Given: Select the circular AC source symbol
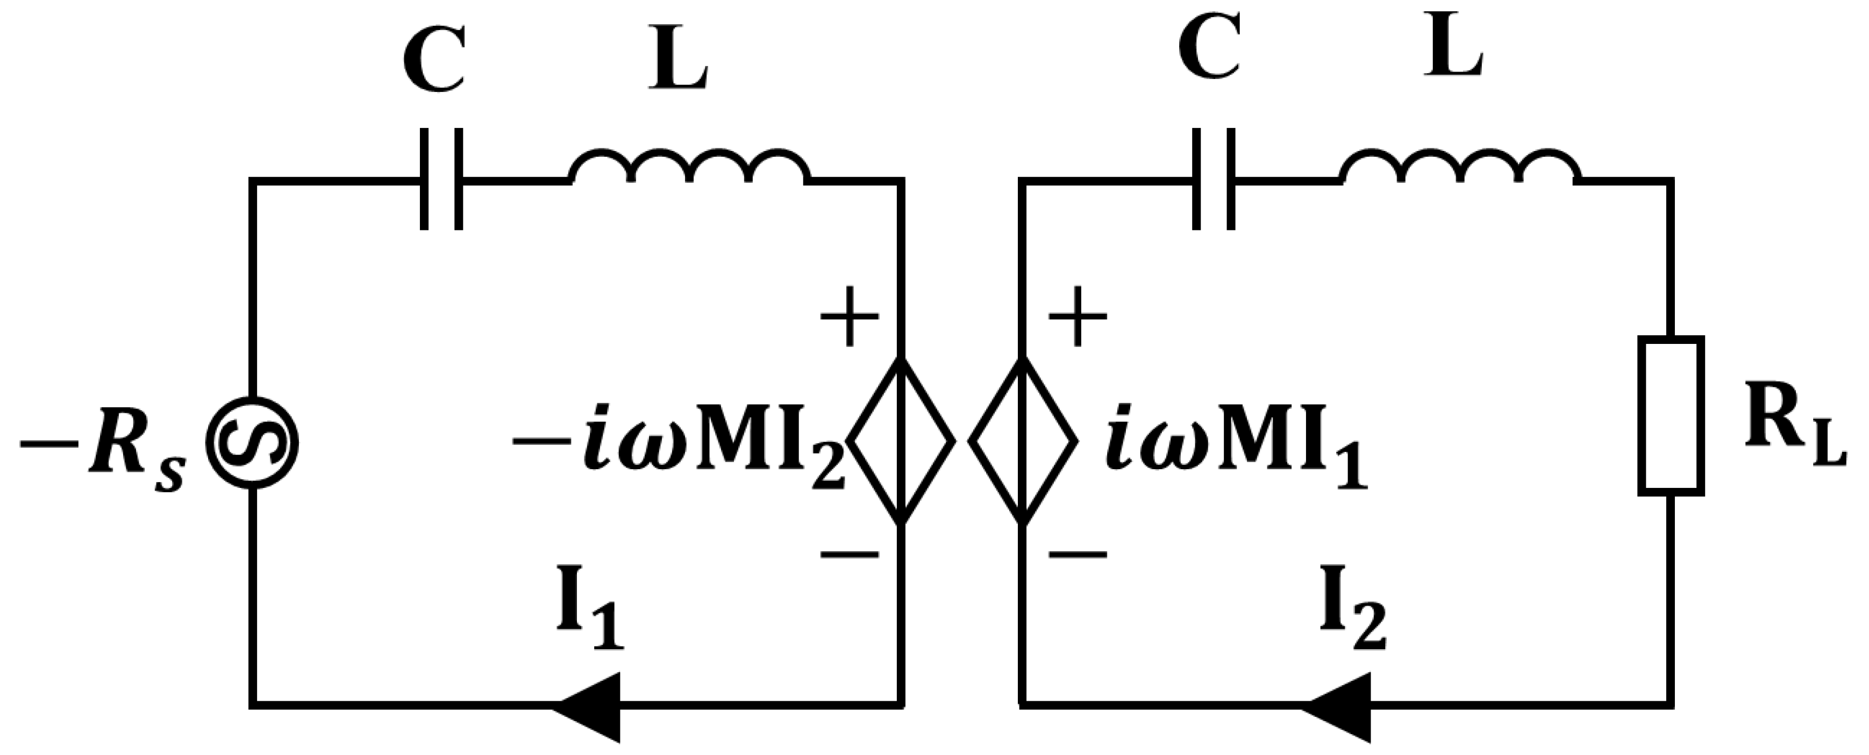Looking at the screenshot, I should click(252, 442).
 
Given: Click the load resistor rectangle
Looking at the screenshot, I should click(1671, 415).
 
